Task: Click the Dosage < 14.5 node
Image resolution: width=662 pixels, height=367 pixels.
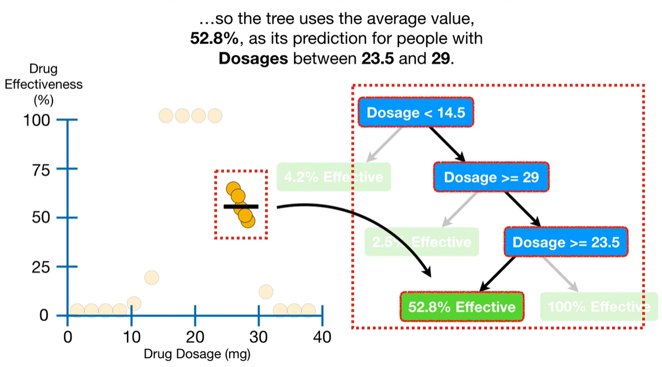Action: point(416,112)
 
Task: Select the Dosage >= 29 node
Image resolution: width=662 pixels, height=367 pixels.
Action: point(491,177)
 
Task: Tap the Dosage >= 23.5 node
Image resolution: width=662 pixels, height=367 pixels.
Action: point(566,242)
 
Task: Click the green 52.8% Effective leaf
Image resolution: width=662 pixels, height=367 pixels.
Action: point(462,307)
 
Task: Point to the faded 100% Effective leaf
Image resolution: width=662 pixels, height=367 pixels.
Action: point(598,307)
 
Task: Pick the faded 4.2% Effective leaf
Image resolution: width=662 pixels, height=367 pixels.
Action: point(333,177)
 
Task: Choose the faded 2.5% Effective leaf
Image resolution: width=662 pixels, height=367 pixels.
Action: point(422,242)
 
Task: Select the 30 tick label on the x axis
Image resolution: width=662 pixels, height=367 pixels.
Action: point(258,337)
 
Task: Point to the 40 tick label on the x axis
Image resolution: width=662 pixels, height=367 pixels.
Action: point(322,337)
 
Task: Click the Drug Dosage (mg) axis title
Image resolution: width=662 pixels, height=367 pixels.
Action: point(197,355)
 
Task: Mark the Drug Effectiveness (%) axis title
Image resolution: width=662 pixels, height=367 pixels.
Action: point(43,85)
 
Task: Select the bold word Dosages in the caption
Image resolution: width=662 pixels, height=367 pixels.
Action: point(253,58)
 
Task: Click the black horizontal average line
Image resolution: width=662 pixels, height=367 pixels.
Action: point(241,206)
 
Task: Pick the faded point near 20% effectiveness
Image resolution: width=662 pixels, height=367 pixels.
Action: point(152,278)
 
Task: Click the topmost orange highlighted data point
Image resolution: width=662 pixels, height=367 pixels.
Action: point(233,189)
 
